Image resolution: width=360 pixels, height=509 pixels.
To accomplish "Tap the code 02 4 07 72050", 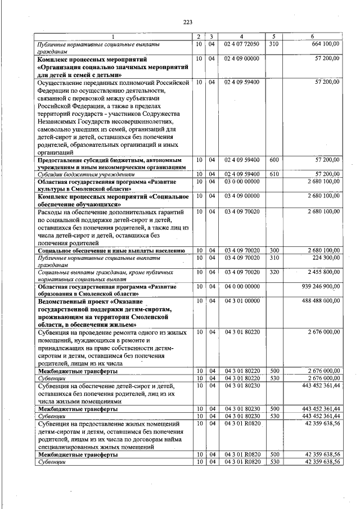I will tap(241, 44).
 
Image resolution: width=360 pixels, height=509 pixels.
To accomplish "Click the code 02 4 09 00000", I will tap(241, 58).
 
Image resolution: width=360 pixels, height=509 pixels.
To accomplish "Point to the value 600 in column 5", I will tap(274, 160).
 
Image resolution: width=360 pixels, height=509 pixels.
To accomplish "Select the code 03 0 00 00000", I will tap(241, 182).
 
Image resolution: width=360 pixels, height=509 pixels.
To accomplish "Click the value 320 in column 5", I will tap(274, 272).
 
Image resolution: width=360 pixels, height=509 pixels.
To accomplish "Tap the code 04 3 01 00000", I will tap(241, 301).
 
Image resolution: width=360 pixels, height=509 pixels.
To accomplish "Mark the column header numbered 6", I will tap(313, 37).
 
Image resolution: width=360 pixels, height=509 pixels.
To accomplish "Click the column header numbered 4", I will tap(241, 37).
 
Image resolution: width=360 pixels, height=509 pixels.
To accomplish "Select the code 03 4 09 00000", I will tap(241, 196).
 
